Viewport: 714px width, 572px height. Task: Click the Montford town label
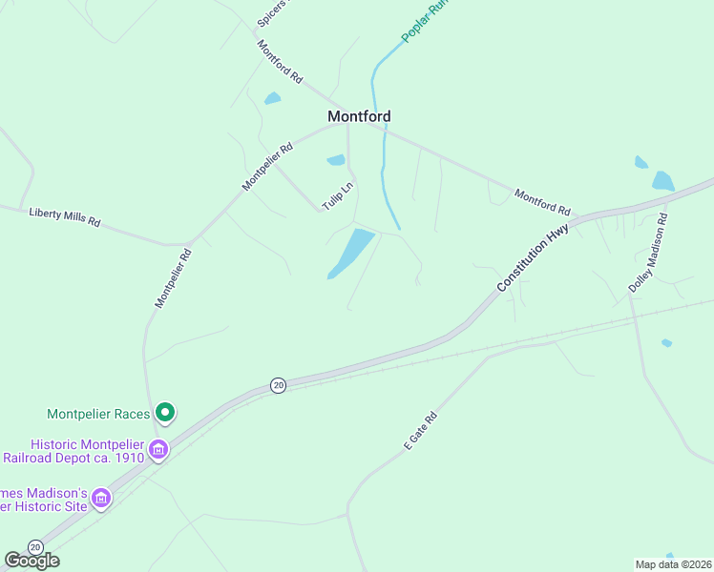pyautogui.click(x=359, y=116)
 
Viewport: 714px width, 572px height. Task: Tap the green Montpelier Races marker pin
pyautogui.click(x=165, y=413)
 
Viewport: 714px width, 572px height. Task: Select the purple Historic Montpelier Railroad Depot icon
pyautogui.click(x=158, y=449)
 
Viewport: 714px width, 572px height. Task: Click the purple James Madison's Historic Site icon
pyautogui.click(x=101, y=498)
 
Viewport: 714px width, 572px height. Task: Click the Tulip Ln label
pyautogui.click(x=337, y=196)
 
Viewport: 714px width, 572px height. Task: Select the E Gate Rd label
pyautogui.click(x=420, y=431)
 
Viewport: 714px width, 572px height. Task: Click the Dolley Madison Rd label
pyautogui.click(x=648, y=252)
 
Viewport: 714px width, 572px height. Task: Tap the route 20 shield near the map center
pyautogui.click(x=277, y=385)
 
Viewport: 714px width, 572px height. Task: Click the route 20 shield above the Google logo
pyautogui.click(x=35, y=546)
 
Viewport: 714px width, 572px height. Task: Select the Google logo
pyautogui.click(x=31, y=561)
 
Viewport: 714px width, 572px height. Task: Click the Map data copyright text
pyautogui.click(x=673, y=564)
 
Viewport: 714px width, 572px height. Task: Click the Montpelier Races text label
pyautogui.click(x=100, y=414)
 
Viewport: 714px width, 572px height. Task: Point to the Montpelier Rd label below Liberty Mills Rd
pyautogui.click(x=174, y=278)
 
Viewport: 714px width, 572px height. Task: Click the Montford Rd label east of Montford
pyautogui.click(x=542, y=201)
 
